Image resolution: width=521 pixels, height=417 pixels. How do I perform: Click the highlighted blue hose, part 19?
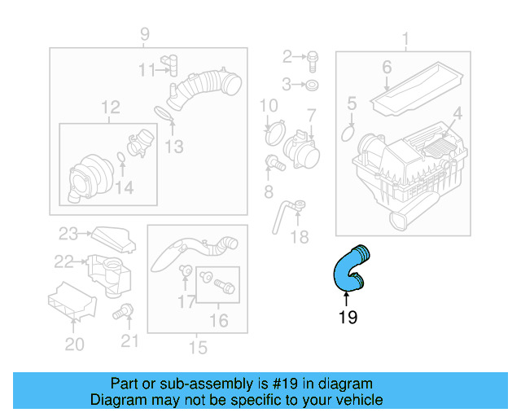[x=347, y=269]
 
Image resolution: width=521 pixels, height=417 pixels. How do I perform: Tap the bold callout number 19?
[x=348, y=317]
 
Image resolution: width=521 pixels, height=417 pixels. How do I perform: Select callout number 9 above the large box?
[x=145, y=34]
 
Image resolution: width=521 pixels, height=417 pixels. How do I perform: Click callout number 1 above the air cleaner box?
[x=405, y=37]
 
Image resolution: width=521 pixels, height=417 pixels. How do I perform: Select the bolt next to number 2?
[x=313, y=57]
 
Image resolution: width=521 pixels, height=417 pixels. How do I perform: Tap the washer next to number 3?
[x=313, y=85]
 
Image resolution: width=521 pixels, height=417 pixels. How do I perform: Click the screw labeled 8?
[x=274, y=164]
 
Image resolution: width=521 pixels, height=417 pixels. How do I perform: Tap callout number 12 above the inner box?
[x=110, y=108]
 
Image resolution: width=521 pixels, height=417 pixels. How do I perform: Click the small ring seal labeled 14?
[x=121, y=156]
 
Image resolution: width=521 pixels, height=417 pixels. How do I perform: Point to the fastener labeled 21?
[x=125, y=310]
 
